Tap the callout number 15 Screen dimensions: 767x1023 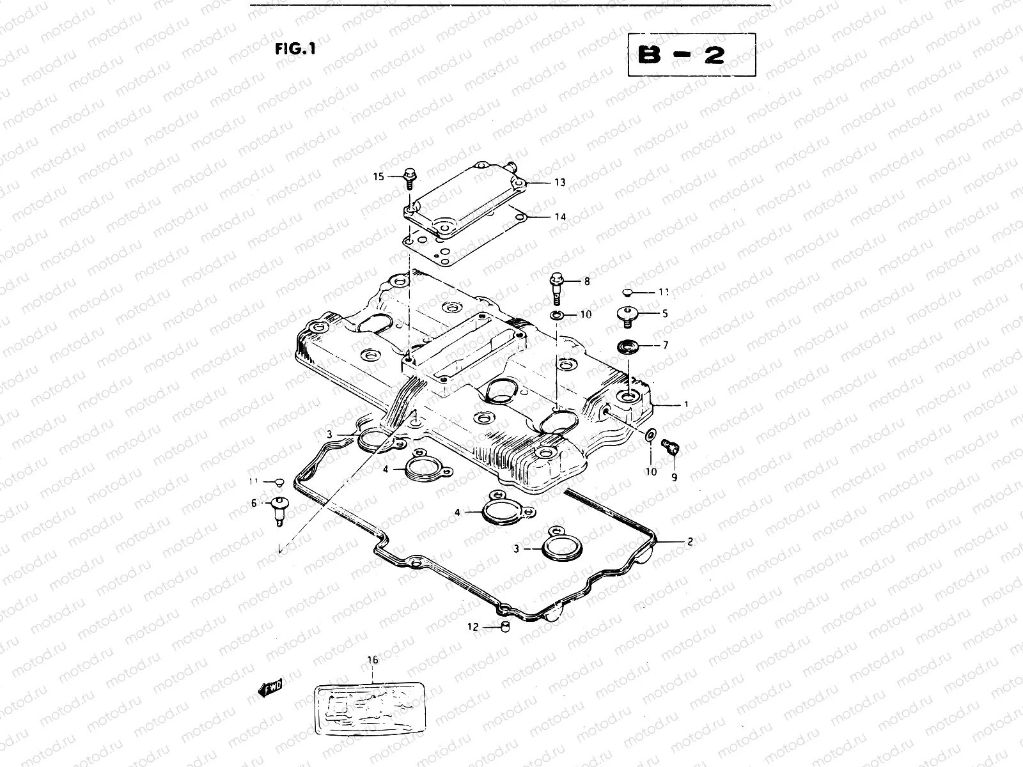click(379, 176)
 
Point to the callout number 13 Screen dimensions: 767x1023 click(559, 183)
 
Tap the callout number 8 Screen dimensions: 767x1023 click(586, 281)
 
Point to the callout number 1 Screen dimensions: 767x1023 click(686, 405)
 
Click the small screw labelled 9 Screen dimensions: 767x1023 click(671, 447)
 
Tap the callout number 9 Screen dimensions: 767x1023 click(674, 477)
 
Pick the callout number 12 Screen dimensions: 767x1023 click(472, 627)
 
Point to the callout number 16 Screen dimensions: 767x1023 click(373, 660)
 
